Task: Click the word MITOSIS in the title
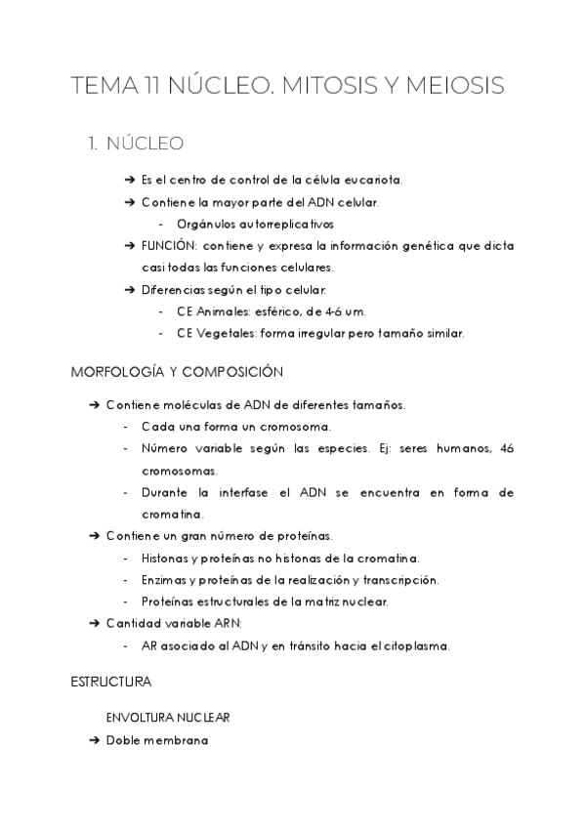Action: pos(331,86)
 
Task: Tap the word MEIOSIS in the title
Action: pos(455,86)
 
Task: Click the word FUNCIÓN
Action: pos(169,245)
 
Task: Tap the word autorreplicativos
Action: pos(241,224)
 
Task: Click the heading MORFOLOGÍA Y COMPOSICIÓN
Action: pos(177,372)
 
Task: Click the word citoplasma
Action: pos(411,645)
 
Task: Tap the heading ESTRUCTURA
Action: pos(111,680)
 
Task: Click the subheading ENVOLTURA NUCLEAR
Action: pos(168,718)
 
